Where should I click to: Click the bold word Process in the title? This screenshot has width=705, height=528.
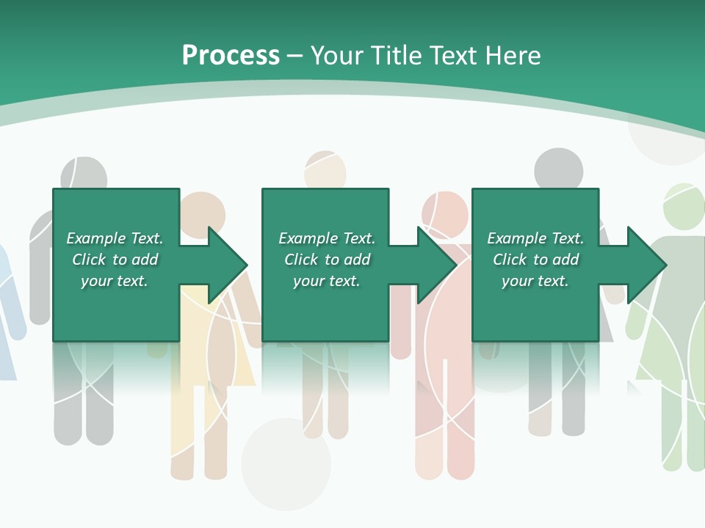(x=231, y=55)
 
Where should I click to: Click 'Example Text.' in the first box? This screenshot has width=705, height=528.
(x=115, y=238)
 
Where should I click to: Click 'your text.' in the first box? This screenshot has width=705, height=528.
(x=115, y=281)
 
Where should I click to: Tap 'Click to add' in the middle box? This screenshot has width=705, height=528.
(x=327, y=260)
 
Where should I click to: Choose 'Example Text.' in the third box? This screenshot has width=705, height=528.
(x=535, y=238)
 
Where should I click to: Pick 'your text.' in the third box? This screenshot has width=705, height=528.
(x=535, y=281)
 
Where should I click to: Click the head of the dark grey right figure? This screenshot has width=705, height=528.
(x=558, y=170)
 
